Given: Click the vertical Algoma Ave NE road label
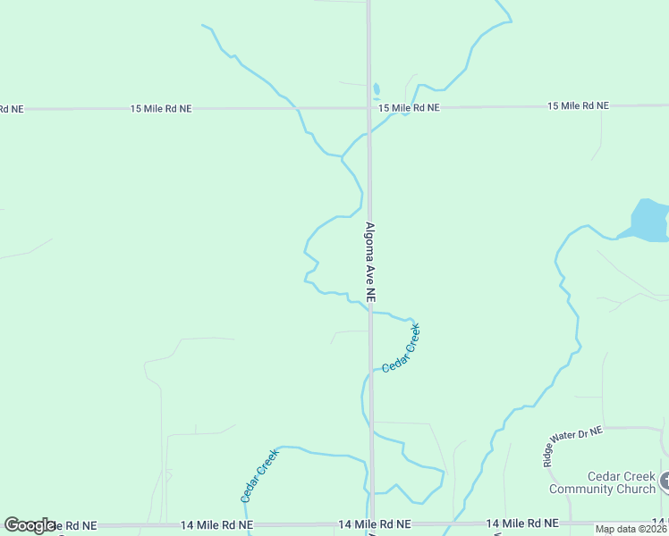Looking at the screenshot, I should point(370,261).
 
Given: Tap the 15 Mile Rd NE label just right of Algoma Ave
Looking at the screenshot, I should point(409,108).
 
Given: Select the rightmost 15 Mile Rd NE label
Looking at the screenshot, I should point(578,106).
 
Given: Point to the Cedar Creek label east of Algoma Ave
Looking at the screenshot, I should point(401,348).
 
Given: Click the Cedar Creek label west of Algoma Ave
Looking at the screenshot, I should point(259,474).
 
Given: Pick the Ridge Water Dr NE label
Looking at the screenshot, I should point(574,445).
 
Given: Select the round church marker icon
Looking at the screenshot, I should point(666,482).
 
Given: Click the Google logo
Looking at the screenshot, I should point(29,525).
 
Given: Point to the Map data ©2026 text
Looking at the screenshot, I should point(631,529).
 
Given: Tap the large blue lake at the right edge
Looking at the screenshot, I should point(651,221).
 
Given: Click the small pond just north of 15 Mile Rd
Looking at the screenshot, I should point(377,90).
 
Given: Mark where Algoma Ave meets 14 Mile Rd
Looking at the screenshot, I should point(371,524).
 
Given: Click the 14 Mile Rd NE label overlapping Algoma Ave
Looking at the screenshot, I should point(375,524).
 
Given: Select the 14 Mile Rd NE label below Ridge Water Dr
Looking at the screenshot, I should point(522,523).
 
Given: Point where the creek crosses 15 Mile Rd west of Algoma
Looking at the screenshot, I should point(295,108).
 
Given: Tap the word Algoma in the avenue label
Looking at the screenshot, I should point(370,242).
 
